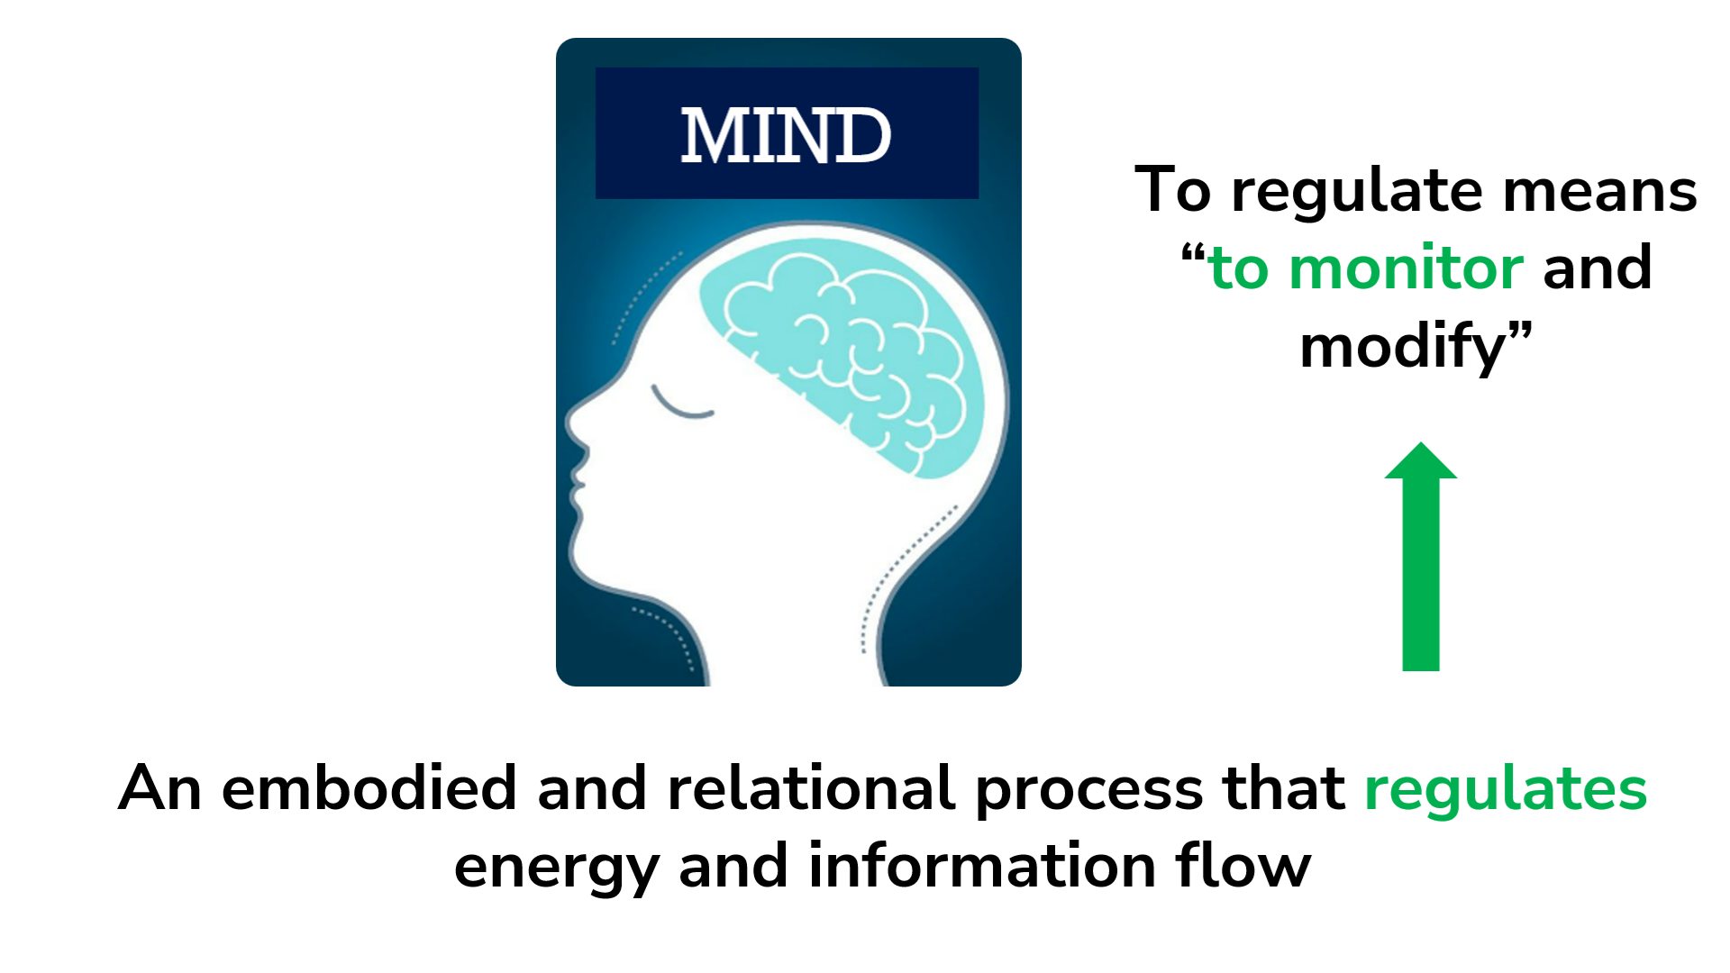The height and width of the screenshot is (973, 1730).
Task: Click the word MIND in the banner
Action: coord(786,135)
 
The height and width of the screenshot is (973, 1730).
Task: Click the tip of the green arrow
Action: coord(1421,446)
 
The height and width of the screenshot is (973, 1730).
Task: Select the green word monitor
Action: coord(1406,268)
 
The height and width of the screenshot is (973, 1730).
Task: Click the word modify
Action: coord(1402,347)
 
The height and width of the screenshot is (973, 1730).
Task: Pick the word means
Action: coord(1599,190)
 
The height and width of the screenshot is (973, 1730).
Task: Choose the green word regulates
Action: coord(1506,789)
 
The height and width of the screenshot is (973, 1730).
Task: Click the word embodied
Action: coord(369,789)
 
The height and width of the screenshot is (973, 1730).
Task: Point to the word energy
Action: coord(556,868)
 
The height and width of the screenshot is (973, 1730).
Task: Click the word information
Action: coord(982,866)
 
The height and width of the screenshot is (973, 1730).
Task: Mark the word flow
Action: coord(1243,866)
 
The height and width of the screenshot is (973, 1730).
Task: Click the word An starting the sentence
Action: coord(159,789)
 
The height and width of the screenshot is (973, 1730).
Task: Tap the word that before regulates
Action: coord(1284,789)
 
